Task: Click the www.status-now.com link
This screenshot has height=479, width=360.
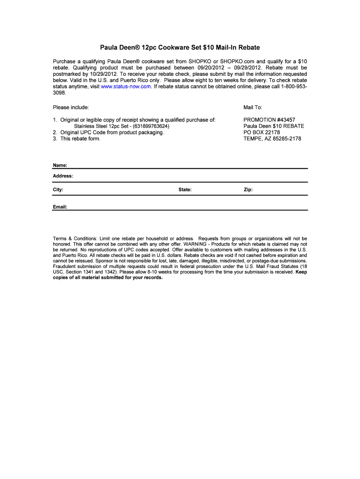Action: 126,87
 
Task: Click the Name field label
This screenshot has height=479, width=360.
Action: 60,165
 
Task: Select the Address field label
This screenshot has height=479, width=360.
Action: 63,176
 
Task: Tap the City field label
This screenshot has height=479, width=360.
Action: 58,190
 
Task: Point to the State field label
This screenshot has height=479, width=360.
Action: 185,190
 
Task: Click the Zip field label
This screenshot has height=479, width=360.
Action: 248,190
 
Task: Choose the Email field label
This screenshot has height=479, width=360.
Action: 60,206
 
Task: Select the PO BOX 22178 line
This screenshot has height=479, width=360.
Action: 262,132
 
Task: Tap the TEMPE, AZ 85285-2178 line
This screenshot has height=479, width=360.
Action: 272,138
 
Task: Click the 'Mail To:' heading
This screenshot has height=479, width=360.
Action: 253,108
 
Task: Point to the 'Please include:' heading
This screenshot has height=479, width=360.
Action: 71,108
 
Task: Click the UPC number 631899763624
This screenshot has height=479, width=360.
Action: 151,126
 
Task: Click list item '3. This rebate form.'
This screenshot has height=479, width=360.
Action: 77,138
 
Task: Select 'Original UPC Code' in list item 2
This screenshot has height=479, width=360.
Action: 82,132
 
